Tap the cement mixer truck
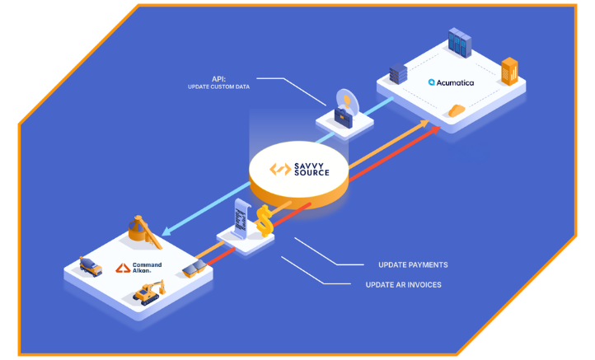coord(90,266)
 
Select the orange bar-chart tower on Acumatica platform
coord(509,72)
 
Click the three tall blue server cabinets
coord(458,42)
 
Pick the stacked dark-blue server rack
coord(398,73)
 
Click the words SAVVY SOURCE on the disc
coord(312,169)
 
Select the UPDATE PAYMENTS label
coord(413,264)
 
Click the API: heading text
coord(218,79)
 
